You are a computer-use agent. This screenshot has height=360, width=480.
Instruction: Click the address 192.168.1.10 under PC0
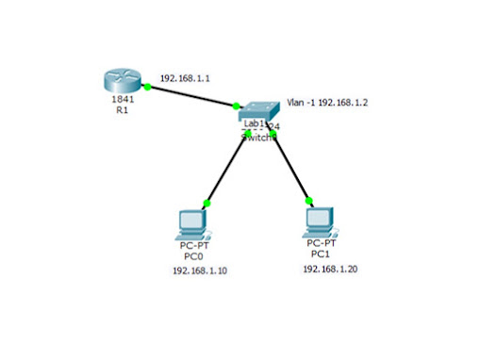pos(200,270)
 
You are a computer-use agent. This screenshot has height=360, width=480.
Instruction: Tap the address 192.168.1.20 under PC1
pos(330,269)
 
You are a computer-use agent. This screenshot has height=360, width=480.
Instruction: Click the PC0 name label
pos(191,255)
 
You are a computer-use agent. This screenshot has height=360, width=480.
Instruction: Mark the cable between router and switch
pos(193,95)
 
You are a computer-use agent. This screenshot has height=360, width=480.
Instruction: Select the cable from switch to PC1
pos(290,168)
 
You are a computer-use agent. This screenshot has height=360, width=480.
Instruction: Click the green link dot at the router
pos(148,84)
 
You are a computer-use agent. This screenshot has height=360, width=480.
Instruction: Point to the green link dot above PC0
pos(207,202)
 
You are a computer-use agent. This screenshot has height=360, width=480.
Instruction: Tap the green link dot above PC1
pos(307,200)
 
